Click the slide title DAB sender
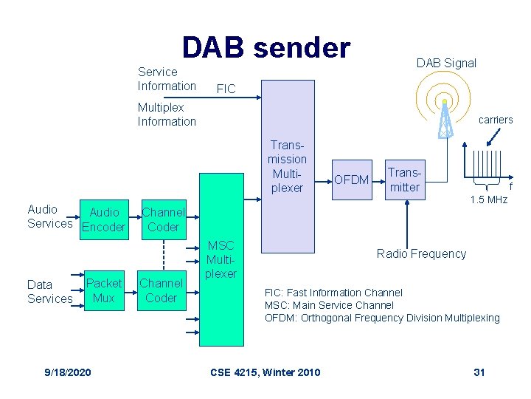(265, 47)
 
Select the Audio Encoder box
(103, 219)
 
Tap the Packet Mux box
(104, 290)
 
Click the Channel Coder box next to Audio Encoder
(163, 219)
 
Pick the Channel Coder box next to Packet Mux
(162, 290)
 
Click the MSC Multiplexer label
(221, 259)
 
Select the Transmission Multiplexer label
(287, 167)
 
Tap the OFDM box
(352, 179)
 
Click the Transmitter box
(404, 180)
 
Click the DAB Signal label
(446, 63)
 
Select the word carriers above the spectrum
(496, 120)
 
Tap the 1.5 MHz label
(489, 199)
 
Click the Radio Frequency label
(421, 253)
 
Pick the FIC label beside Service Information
(226, 89)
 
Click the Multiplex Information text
(167, 115)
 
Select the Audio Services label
(49, 216)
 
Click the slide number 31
(479, 372)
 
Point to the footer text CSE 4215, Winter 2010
(265, 372)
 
